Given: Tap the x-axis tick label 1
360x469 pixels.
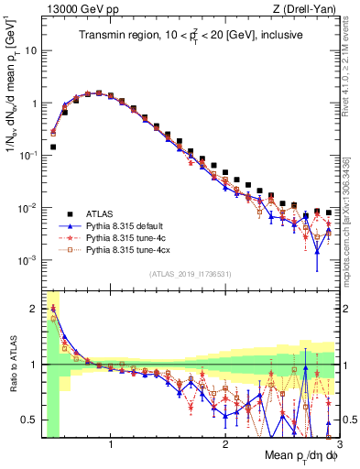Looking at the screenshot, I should coord(111,444).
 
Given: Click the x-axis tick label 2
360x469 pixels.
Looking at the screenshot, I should coord(225,444).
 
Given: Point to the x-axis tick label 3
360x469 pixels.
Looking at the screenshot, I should coord(338,444).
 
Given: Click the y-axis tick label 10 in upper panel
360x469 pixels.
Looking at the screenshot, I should coord(30,51).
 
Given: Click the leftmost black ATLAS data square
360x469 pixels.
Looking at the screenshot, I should coord(53,147).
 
